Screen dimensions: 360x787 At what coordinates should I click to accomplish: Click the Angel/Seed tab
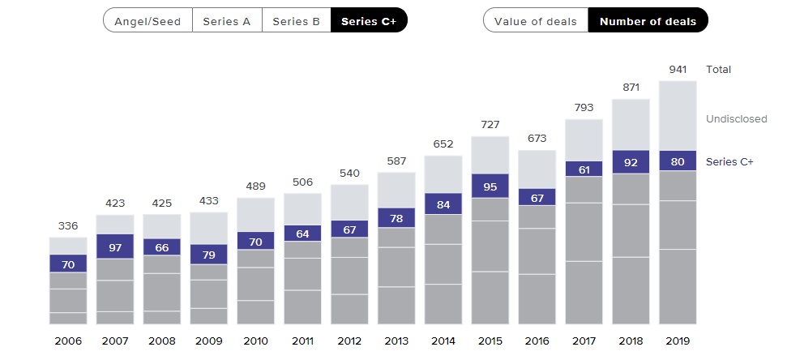(148, 21)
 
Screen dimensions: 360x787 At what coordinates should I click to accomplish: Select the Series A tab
(227, 21)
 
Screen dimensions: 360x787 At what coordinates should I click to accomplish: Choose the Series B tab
(297, 21)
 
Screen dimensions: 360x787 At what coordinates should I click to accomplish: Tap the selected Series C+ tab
(369, 21)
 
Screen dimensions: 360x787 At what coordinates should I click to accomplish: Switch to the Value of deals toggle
(536, 21)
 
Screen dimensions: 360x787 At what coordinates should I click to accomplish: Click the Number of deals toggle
(648, 21)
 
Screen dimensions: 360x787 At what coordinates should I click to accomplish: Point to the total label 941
(678, 70)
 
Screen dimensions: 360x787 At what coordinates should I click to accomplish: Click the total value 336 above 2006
(68, 226)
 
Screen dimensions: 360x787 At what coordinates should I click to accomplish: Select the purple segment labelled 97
(115, 246)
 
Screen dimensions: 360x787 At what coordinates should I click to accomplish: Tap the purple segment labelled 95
(490, 186)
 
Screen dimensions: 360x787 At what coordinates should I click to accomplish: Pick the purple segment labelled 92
(631, 161)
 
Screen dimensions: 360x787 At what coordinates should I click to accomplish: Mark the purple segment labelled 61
(584, 169)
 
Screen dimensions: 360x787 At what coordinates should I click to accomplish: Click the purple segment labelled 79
(209, 254)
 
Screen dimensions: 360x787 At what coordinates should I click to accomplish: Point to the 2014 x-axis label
(443, 341)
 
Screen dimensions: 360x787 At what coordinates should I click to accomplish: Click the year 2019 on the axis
(678, 341)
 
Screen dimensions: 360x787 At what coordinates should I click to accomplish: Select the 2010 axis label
(255, 341)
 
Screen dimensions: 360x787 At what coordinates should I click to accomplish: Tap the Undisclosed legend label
(736, 119)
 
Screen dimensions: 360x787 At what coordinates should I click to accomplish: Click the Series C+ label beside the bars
(729, 161)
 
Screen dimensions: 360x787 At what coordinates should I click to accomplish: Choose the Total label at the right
(719, 70)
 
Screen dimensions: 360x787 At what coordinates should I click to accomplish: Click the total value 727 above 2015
(490, 126)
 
